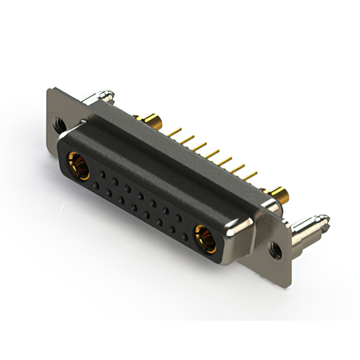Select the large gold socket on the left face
(x=78, y=165)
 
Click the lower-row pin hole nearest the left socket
(x=96, y=184)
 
